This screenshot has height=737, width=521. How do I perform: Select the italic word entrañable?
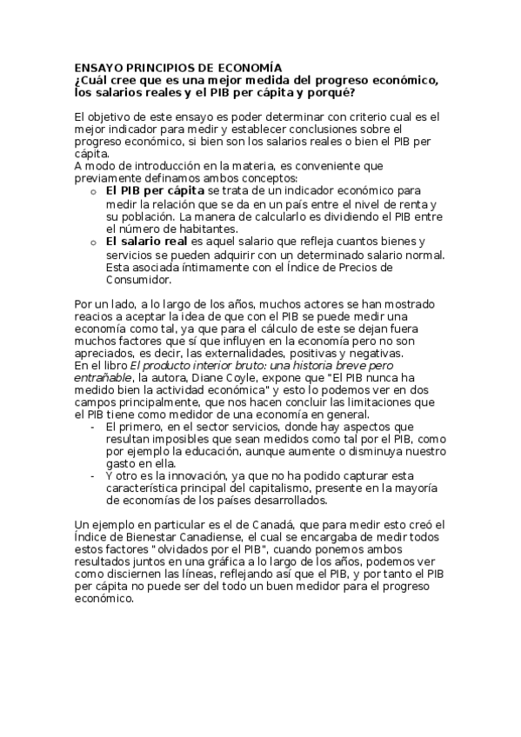104,380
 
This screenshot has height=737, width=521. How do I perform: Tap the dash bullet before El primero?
92,427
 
